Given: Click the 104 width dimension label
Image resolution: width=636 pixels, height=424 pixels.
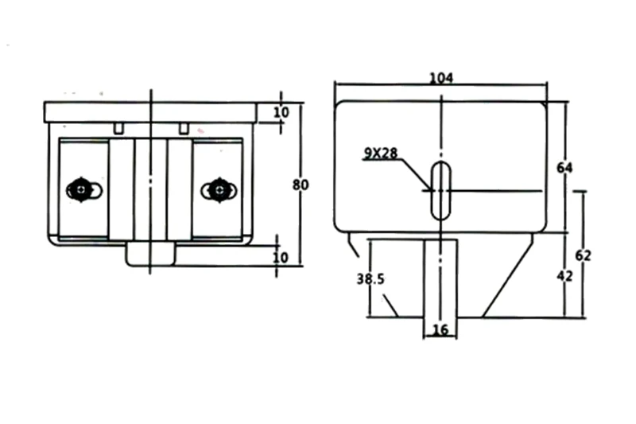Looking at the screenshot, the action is coord(440,78).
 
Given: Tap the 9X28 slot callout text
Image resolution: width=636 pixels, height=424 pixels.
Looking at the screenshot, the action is coord(381,154).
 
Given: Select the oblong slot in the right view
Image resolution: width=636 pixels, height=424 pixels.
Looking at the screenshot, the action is coord(440,190).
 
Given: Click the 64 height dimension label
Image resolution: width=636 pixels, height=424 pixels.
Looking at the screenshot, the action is coord(565,168).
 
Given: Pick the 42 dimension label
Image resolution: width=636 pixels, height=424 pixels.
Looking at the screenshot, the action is coord(564,276).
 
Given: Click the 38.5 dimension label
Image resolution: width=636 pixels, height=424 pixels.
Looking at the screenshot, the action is coord(370,279).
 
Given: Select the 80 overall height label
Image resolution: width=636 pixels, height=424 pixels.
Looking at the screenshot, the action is coord(300,185).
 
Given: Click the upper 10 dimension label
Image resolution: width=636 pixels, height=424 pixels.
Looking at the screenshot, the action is coord(281,113).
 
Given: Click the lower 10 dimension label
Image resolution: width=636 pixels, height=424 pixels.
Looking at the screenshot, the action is coord(281,257).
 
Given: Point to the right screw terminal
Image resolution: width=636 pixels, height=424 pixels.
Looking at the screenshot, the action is coord(217,189).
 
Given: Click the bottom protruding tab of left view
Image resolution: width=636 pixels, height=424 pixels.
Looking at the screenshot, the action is coord(150,255).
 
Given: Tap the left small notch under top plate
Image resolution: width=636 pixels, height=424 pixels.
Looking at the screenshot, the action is coord(118,127).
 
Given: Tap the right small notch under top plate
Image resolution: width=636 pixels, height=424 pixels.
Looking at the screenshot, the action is coord(184,127).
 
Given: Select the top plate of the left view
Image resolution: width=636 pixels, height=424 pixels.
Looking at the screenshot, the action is coord(150,111).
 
